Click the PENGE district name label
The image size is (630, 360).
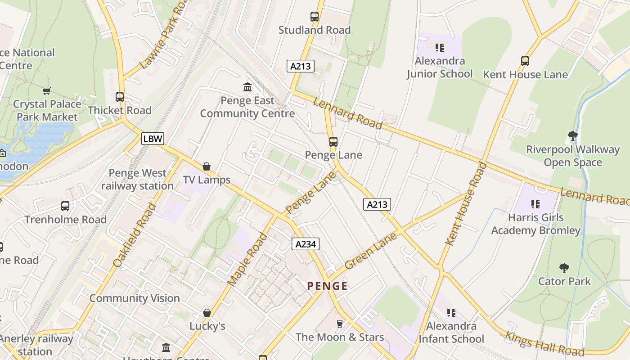click(327, 286)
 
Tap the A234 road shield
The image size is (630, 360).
click(306, 244)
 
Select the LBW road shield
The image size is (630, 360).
click(153, 139)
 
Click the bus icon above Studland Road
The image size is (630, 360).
click(315, 17)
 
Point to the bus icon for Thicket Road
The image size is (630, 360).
click(120, 97)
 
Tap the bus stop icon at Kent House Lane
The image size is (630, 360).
click(525, 61)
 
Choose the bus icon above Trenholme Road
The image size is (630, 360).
click(65, 206)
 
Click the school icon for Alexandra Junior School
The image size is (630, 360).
click(440, 47)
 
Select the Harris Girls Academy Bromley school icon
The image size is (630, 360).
click(535, 204)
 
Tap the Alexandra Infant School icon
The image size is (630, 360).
click(451, 312)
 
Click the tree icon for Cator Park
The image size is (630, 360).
click(564, 268)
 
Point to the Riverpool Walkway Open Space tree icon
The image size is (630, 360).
click(572, 135)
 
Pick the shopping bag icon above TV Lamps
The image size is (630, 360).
click(207, 166)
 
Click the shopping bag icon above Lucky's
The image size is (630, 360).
click(207, 312)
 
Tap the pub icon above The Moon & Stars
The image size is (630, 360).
click(340, 324)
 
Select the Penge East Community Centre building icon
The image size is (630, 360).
click(247, 87)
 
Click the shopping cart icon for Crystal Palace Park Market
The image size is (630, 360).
click(47, 91)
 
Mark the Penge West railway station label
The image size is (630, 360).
click(137, 179)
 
